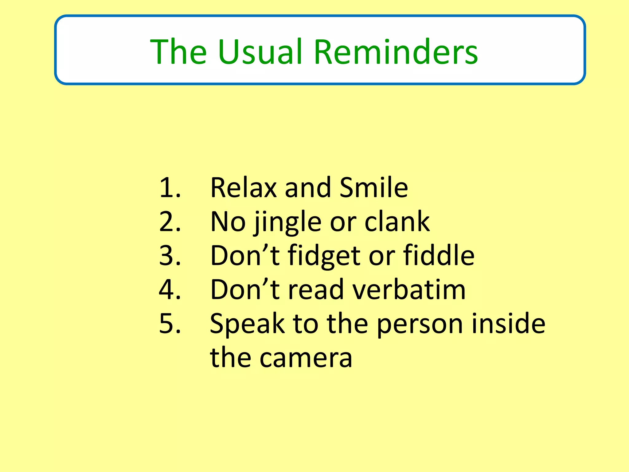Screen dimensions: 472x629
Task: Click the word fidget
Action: pos(324,256)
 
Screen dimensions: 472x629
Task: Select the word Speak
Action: pos(247,324)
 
